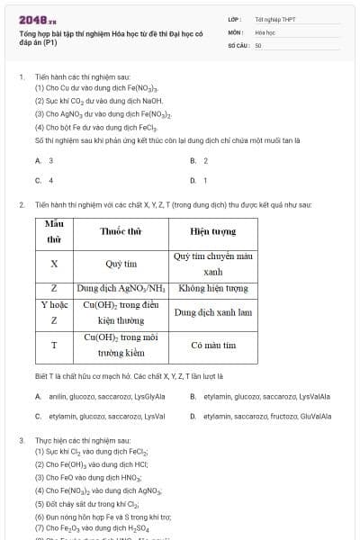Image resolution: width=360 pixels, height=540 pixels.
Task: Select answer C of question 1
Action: pyautogui.click(x=45, y=180)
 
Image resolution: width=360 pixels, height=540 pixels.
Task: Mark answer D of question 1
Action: pyautogui.click(x=200, y=180)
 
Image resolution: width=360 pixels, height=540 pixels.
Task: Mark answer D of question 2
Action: pyautogui.click(x=261, y=417)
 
